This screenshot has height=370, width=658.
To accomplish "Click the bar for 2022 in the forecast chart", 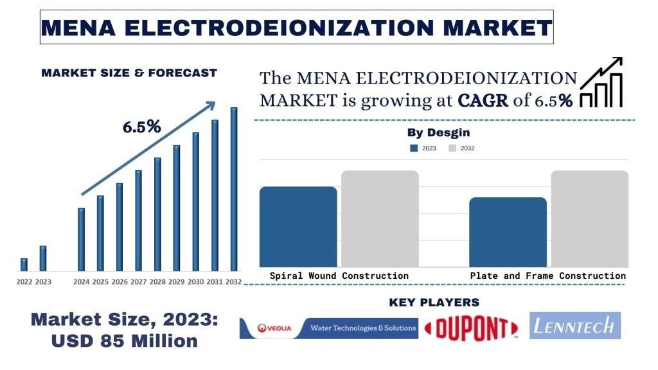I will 24,264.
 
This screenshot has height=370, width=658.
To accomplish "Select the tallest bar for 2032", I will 234,189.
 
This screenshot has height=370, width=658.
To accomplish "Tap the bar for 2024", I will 81,239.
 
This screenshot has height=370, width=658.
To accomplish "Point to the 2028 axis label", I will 157,282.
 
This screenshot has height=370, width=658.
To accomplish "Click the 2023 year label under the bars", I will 43,282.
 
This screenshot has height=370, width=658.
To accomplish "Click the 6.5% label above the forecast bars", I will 141,127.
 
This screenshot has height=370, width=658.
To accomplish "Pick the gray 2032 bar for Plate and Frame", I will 589,218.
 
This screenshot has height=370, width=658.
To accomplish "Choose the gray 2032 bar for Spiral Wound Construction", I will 380,218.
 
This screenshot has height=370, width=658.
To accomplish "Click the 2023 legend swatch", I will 414,148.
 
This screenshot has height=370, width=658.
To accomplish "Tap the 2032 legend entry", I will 461,148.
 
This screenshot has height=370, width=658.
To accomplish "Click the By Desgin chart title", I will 438,133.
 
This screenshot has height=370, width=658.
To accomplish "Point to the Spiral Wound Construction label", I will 339,276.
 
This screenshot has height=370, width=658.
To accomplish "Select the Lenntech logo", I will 575,326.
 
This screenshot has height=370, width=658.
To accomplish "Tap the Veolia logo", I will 274,328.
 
